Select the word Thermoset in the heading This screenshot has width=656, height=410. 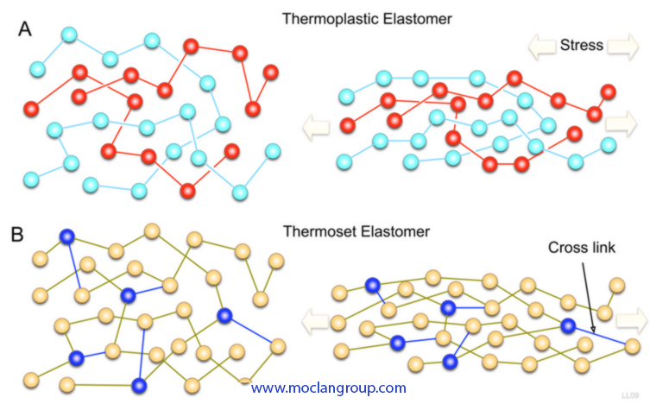[x=316, y=230]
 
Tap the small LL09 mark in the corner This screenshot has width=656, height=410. [x=631, y=394]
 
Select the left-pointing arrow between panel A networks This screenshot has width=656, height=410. [x=314, y=129]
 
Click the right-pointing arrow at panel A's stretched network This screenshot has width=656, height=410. [x=621, y=123]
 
